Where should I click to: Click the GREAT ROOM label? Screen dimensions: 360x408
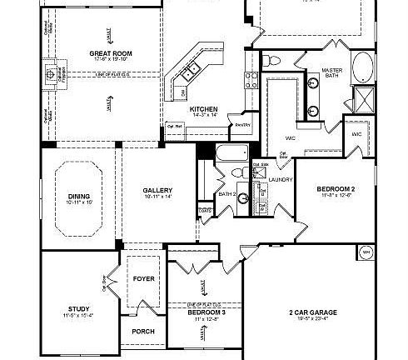point(112,52)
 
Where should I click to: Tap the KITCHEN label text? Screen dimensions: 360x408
point(203,109)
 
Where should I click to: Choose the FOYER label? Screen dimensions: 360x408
point(143,278)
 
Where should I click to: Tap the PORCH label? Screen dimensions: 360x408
point(143,331)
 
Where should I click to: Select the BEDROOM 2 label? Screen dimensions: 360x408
point(336,190)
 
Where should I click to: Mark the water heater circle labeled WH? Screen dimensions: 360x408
point(365,251)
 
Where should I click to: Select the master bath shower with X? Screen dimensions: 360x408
point(363,101)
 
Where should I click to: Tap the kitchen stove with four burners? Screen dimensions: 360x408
point(251,80)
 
